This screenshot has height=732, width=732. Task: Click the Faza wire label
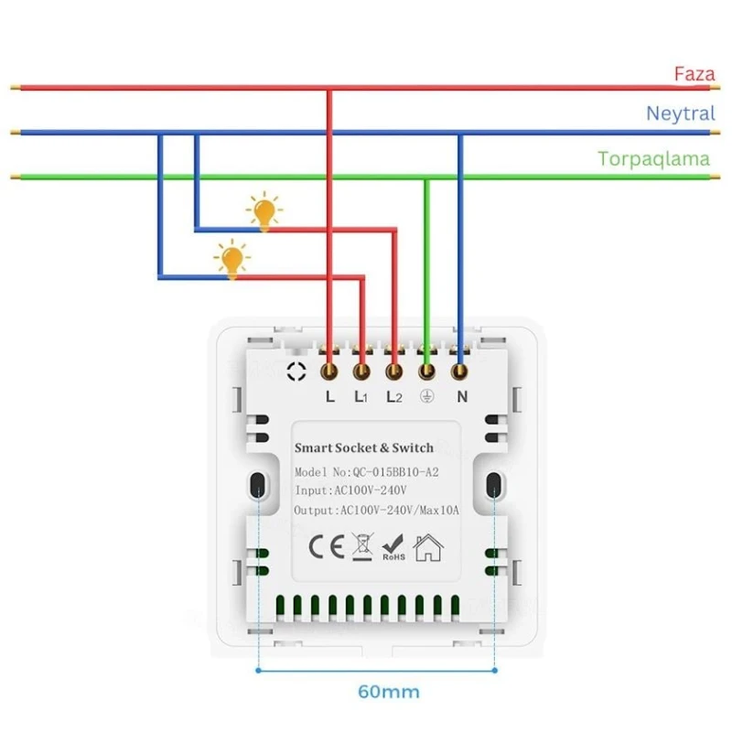point(694,74)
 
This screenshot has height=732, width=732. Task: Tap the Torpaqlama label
point(653,158)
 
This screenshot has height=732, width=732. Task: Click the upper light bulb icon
point(265,211)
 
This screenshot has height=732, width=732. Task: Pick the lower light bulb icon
point(232,259)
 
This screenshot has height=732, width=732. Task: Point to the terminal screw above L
point(329,371)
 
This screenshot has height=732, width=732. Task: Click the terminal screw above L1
point(361,371)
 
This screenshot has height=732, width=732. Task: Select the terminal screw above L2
point(394,371)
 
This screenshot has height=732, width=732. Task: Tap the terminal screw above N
point(460,371)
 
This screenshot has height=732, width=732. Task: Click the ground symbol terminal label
point(426,397)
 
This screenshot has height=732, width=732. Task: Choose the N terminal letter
point(461,397)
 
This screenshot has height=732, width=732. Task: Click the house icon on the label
point(427,547)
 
